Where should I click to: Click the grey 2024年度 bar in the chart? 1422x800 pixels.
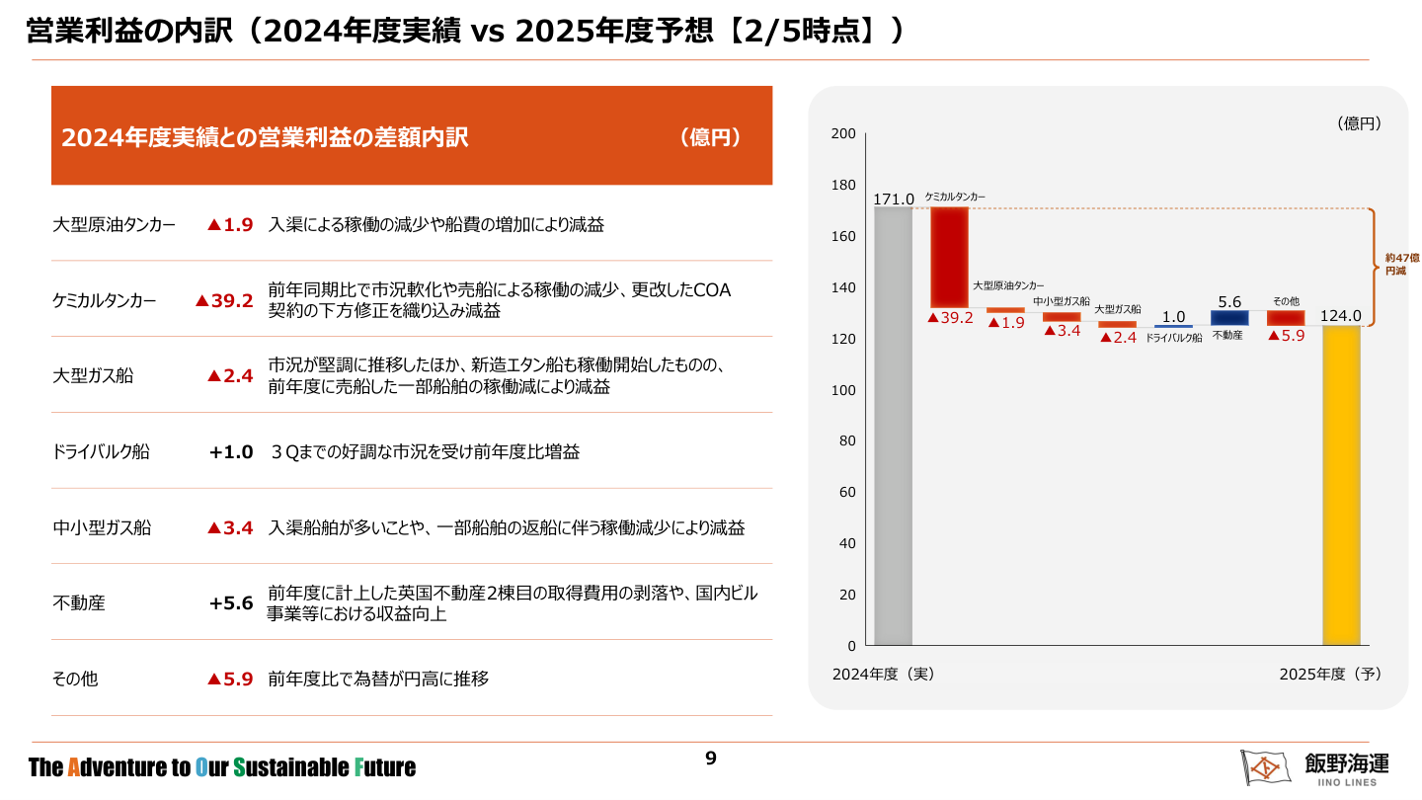point(893,426)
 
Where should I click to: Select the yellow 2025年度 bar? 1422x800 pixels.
point(1341,485)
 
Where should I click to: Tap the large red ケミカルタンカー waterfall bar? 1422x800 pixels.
point(949,257)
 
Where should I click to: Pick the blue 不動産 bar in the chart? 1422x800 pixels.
point(1229,318)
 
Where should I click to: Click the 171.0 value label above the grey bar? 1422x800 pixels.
point(894,200)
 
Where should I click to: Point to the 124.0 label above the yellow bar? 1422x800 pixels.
point(1341,316)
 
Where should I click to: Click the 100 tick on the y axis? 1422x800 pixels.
point(842,390)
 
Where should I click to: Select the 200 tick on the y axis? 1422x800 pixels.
point(842,133)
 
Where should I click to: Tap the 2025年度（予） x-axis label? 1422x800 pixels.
point(1329,674)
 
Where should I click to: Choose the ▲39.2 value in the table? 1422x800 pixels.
point(225,301)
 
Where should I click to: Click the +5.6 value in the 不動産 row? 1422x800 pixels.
point(231,602)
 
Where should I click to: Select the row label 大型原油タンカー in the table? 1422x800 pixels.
point(114,225)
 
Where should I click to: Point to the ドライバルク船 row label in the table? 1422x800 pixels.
point(101,451)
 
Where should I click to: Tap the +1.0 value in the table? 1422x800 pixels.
point(231,451)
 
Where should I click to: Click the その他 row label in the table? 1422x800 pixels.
point(75,679)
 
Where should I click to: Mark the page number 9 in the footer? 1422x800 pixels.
point(711,759)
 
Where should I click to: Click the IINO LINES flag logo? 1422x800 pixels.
point(1265,766)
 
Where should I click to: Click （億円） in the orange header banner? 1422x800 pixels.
point(711,137)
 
